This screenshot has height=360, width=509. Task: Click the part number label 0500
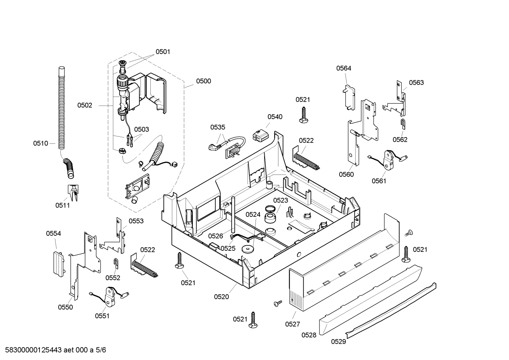click(x=203, y=81)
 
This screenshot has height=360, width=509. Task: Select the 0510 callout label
click(x=41, y=143)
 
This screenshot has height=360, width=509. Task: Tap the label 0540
click(x=275, y=117)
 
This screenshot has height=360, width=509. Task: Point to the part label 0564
click(x=343, y=68)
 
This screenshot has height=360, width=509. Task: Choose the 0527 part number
click(x=293, y=324)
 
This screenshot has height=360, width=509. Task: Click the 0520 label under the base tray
click(x=221, y=297)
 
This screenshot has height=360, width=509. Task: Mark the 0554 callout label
click(x=53, y=234)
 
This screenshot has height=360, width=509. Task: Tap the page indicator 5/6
click(x=101, y=350)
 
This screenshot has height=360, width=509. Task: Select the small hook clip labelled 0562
click(x=403, y=124)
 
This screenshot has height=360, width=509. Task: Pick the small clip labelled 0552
click(x=116, y=263)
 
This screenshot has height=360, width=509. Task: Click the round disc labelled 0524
click(x=248, y=249)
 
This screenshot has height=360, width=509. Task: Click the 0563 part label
click(x=416, y=83)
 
